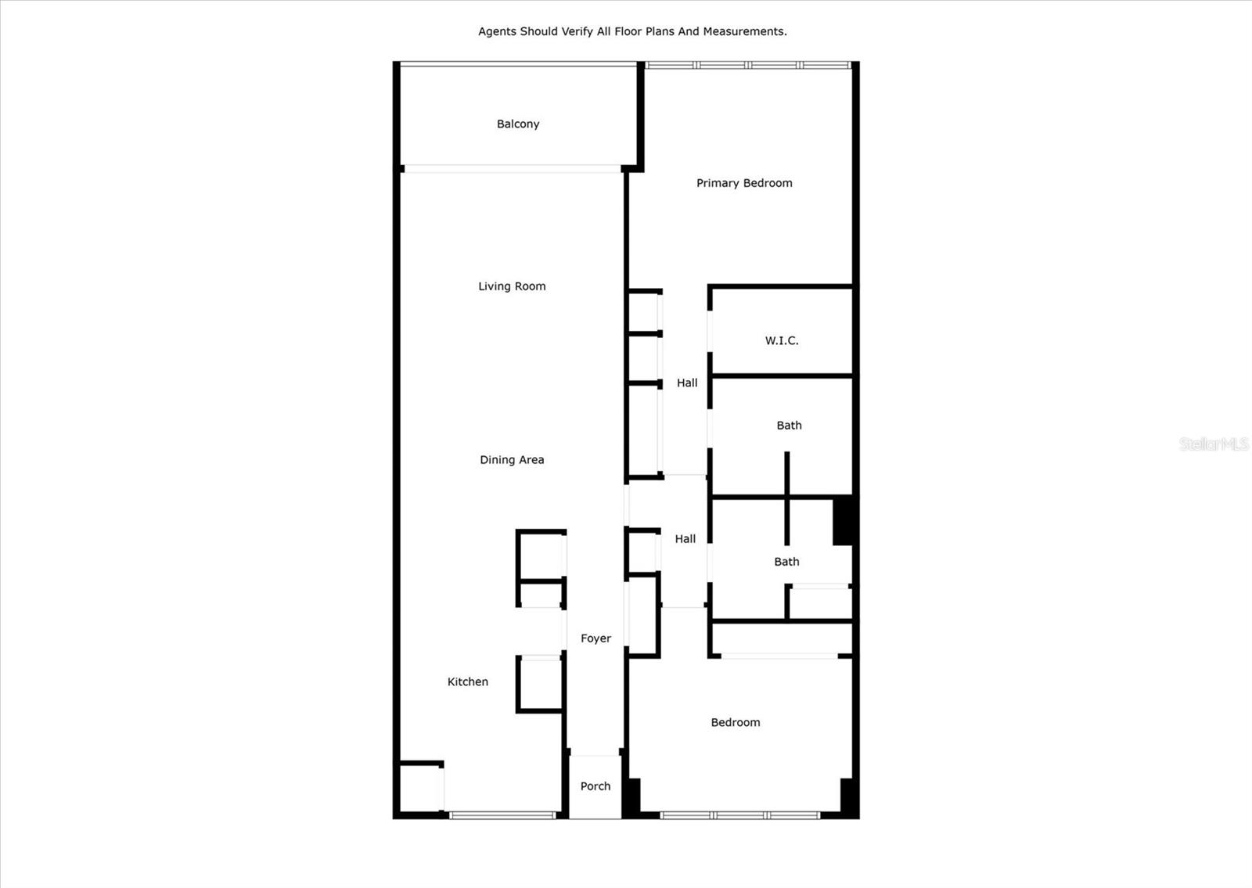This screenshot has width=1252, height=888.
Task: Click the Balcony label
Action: [x=518, y=124]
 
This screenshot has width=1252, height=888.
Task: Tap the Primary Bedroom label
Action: [x=744, y=183]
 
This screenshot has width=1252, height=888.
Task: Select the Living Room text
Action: [x=512, y=286]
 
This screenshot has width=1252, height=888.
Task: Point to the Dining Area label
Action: [x=512, y=460]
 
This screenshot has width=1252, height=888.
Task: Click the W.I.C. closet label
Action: [x=782, y=340]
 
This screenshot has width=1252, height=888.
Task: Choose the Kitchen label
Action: [x=468, y=682]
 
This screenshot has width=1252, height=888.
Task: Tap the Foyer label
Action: [x=595, y=638]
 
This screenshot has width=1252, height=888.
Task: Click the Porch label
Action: [x=595, y=786]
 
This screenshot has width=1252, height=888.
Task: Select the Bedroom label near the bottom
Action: [x=736, y=723]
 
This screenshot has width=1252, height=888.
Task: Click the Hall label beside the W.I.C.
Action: [x=687, y=383]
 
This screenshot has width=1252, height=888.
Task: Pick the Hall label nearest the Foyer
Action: [x=685, y=539]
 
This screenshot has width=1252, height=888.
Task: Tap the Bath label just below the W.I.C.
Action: [x=789, y=426]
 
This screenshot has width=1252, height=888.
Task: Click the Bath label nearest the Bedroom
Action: [x=786, y=562]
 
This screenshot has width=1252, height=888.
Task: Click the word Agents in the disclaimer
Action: [x=498, y=31]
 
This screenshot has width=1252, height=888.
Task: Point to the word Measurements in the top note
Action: [x=743, y=31]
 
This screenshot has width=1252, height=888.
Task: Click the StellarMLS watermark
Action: [x=1214, y=444]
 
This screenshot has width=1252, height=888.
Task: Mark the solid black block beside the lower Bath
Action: [x=844, y=521]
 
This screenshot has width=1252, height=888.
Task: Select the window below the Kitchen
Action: [x=502, y=815]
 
